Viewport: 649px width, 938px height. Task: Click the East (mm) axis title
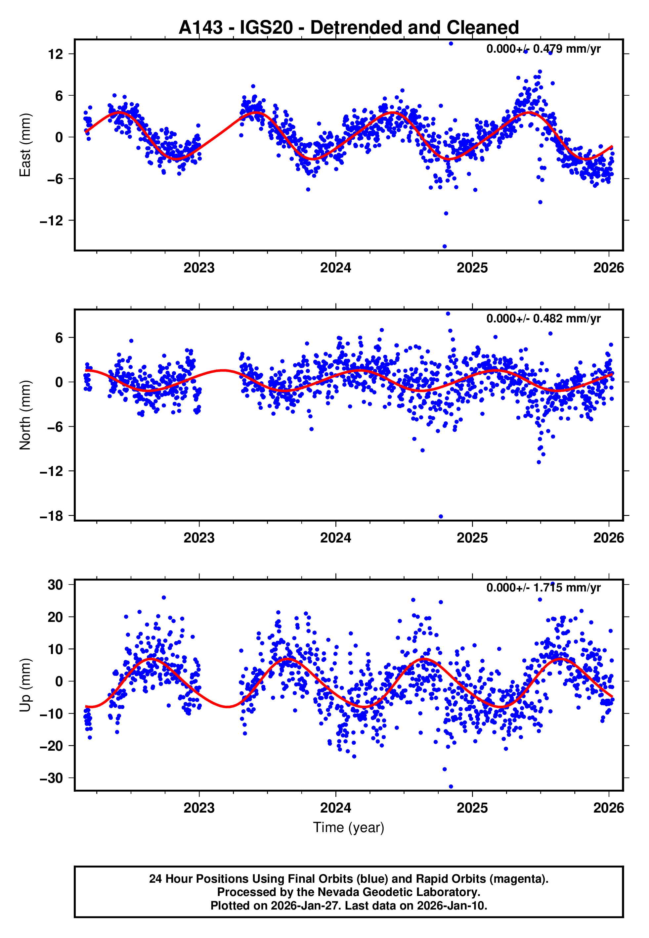coord(25,145)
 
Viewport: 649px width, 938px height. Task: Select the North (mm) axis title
coord(25,415)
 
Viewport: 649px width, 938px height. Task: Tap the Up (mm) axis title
coord(25,685)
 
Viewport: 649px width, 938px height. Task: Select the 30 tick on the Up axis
coord(55,585)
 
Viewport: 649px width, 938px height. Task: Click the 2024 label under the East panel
coord(335,268)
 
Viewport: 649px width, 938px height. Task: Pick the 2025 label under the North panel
coord(472,538)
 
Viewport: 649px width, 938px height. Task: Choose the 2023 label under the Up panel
coord(199,808)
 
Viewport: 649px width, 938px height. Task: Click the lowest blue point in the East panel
coord(445,247)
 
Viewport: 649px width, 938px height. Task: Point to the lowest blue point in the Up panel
coord(451,786)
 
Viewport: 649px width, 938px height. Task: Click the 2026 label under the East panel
coord(608,268)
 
